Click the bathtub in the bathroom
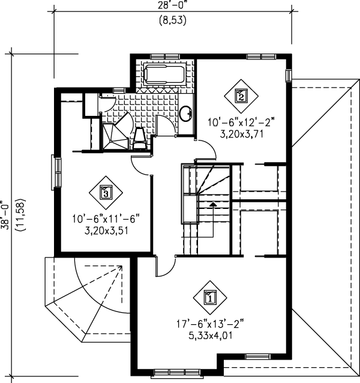point(164,76)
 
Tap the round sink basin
point(186,112)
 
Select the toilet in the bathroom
point(139,137)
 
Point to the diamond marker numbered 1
point(210,297)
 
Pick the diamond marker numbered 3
point(106,192)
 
